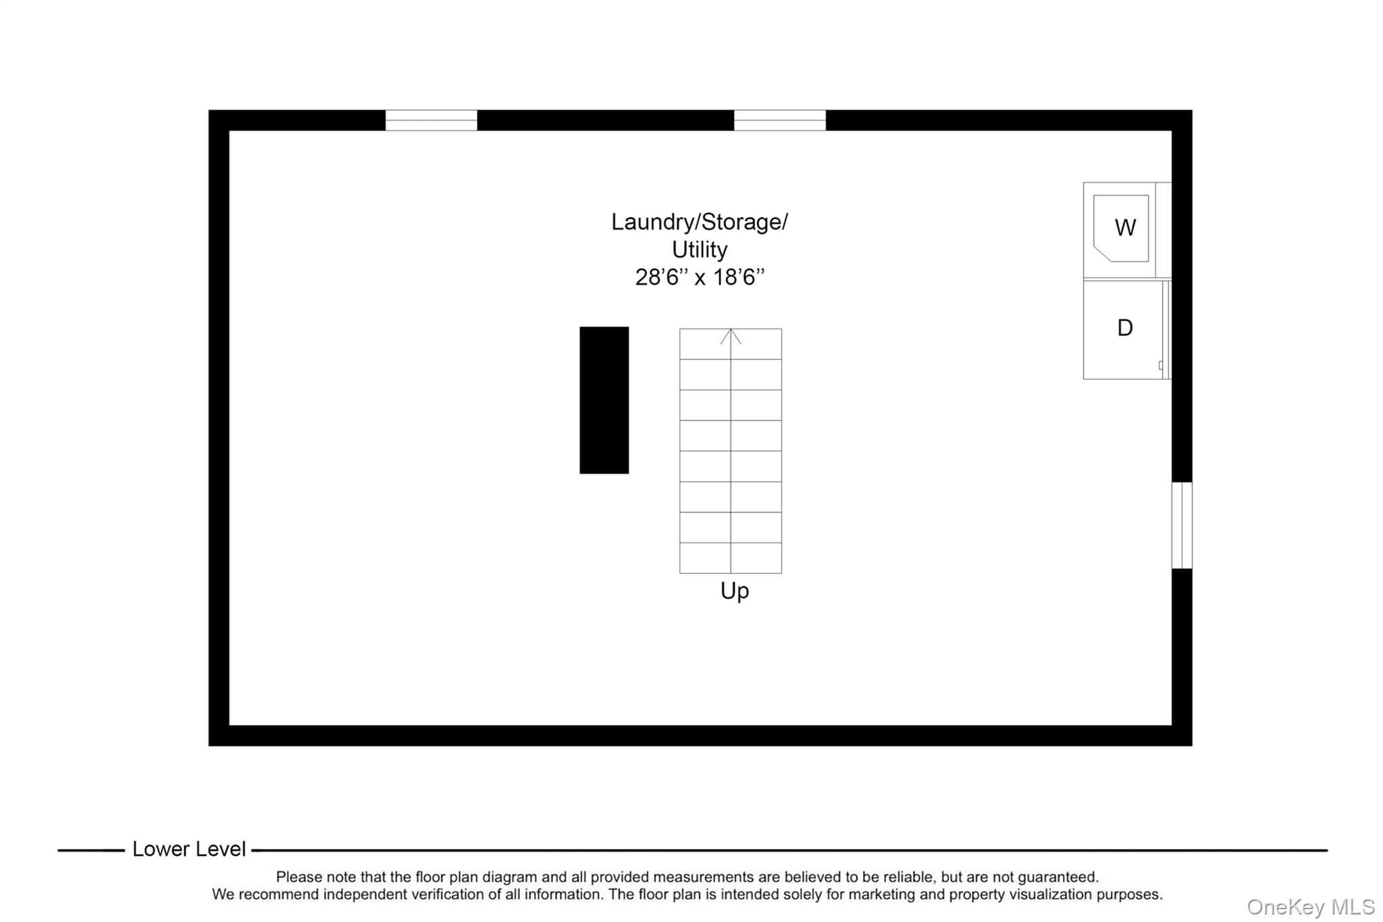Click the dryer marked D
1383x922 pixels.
click(x=1124, y=330)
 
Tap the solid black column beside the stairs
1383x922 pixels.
click(x=604, y=400)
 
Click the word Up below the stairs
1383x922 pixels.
click(x=735, y=592)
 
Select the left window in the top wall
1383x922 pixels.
click(x=431, y=120)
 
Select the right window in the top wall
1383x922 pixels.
click(x=779, y=120)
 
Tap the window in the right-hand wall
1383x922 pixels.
click(x=1182, y=525)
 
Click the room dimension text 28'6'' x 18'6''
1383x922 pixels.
click(x=700, y=277)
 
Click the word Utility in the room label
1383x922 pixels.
click(x=700, y=250)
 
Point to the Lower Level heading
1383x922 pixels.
click(x=189, y=849)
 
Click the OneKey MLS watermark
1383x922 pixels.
click(x=1311, y=906)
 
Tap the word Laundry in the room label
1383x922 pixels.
click(x=653, y=222)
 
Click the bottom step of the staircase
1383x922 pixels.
click(x=731, y=558)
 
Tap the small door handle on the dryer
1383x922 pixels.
click(x=1161, y=365)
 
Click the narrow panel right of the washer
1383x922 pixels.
click(x=1164, y=230)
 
